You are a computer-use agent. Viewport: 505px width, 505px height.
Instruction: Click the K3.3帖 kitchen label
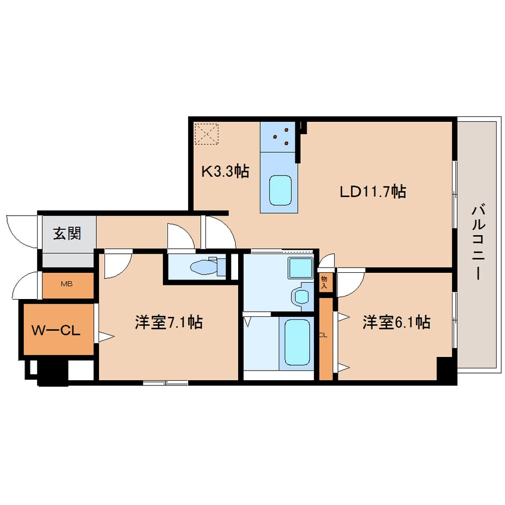coord(225,171)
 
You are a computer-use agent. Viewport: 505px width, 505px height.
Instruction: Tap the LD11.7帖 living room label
coord(372,192)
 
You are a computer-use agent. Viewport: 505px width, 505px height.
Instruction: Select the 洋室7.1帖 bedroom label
coord(169,322)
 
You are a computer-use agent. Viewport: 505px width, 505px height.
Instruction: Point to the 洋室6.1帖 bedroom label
coord(396,322)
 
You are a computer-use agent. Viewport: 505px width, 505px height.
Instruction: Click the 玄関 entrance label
coord(67,233)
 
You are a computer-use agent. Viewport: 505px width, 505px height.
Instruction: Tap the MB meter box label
coord(67,284)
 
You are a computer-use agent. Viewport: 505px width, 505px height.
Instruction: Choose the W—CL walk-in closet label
coord(56,331)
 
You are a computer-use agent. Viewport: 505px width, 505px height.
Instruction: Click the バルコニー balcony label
coord(478,242)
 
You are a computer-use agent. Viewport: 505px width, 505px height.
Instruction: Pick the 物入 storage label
coord(324,282)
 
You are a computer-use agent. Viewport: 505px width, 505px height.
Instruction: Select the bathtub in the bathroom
coord(297,342)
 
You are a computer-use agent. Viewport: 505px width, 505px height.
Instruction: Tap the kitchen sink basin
coord(281,190)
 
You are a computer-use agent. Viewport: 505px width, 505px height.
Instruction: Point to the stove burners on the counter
coord(281,136)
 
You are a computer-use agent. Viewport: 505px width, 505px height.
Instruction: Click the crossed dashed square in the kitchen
coord(207,134)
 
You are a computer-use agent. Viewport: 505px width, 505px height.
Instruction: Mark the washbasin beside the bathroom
coord(301,297)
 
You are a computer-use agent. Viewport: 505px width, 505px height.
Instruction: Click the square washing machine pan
coord(300,268)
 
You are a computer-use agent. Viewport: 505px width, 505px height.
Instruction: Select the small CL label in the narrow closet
coord(324,335)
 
